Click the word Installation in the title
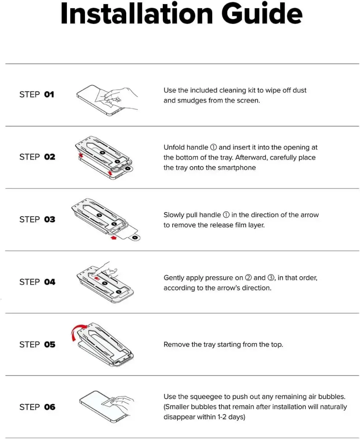click(136, 14)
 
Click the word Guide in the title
click(262, 14)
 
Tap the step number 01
click(49, 94)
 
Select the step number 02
click(49, 157)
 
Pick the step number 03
click(49, 219)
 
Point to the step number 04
click(49, 282)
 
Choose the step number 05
click(49, 345)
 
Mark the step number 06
click(49, 407)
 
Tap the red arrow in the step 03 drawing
click(113, 238)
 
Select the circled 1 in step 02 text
click(213, 147)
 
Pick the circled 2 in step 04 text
click(248, 278)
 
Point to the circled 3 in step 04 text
click(271, 278)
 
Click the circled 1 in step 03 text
click(226, 215)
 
